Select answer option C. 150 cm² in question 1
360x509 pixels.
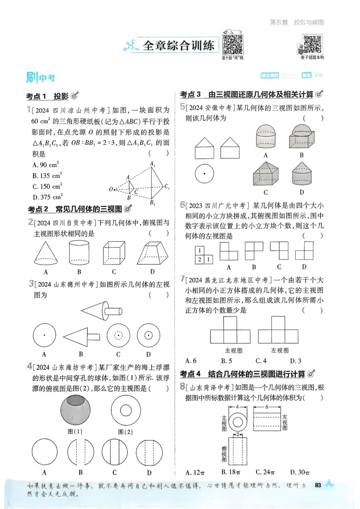tap(47, 186)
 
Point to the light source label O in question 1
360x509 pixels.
tap(111, 189)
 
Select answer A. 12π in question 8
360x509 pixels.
tap(195, 472)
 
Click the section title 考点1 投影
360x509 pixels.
tap(47, 96)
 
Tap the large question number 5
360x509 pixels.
tap(182, 107)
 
